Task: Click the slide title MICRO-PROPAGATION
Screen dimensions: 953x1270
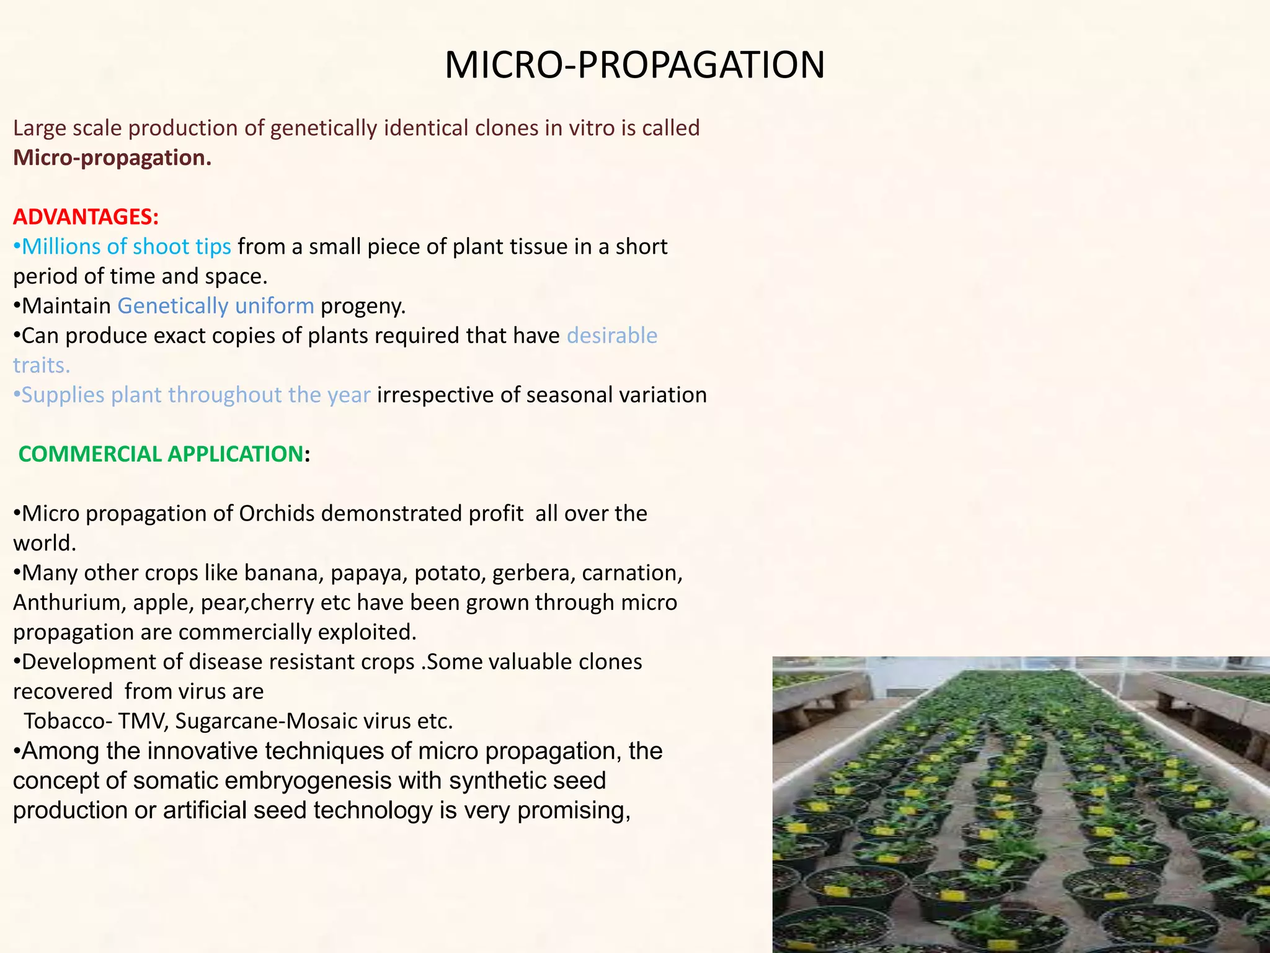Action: [x=634, y=65]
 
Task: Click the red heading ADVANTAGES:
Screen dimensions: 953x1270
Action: [x=86, y=217]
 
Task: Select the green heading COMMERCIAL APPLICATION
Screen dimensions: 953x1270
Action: [x=161, y=454]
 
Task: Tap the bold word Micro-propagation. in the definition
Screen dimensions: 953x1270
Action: [x=112, y=158]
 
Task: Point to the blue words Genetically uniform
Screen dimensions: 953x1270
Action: [x=216, y=306]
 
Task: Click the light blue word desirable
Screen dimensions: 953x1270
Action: [x=611, y=336]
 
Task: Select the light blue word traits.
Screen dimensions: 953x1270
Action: [x=42, y=365]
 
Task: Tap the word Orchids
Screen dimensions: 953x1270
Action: [x=277, y=514]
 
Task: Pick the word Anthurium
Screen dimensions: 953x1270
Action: [x=68, y=602]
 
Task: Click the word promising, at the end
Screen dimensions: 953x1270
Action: [x=574, y=810]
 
